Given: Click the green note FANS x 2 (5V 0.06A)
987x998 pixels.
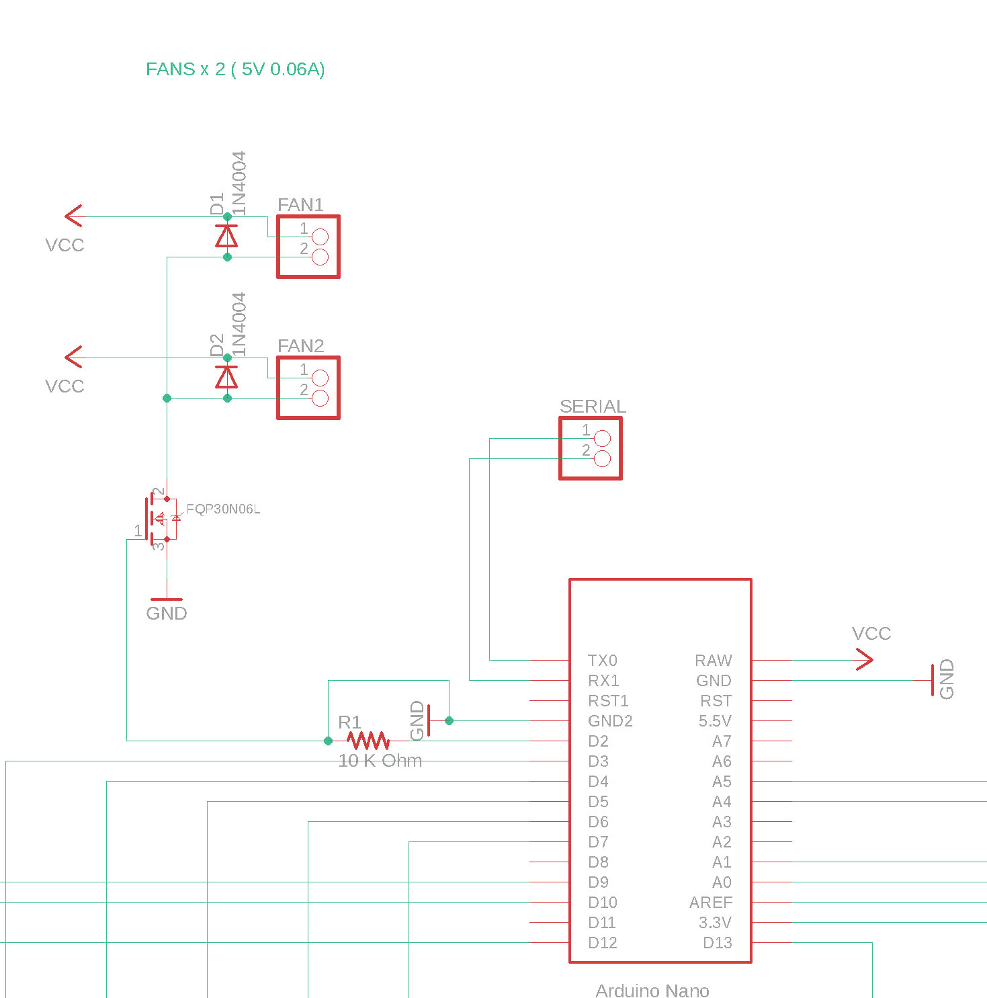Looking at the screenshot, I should (235, 69).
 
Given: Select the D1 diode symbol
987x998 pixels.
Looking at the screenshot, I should (226, 237).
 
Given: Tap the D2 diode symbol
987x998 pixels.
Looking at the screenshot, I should (226, 378).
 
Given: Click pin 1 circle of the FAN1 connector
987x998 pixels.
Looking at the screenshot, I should (320, 237).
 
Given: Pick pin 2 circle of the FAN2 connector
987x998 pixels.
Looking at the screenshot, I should (320, 398).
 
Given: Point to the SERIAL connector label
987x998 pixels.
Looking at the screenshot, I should (593, 407).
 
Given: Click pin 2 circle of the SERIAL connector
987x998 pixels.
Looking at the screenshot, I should (603, 458).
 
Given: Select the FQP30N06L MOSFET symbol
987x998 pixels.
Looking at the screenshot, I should (160, 519).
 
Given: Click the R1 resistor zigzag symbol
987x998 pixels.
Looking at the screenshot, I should (368, 741).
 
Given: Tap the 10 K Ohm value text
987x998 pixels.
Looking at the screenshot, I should (380, 761).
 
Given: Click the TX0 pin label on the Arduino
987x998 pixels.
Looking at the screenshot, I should (602, 661).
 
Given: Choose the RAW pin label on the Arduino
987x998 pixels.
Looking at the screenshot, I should (714, 661).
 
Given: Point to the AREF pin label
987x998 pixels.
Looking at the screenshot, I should (711, 903).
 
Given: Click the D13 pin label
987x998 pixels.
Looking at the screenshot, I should (718, 943).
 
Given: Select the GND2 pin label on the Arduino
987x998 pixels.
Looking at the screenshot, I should (610, 721).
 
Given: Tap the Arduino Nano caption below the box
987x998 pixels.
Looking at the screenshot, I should (652, 991).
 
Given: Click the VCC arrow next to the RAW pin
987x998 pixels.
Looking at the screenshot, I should (864, 659).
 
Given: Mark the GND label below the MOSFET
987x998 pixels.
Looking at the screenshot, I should (167, 614).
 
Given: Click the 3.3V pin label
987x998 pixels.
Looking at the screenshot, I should (715, 923).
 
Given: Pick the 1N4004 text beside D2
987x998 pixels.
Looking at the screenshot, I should (239, 324).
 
